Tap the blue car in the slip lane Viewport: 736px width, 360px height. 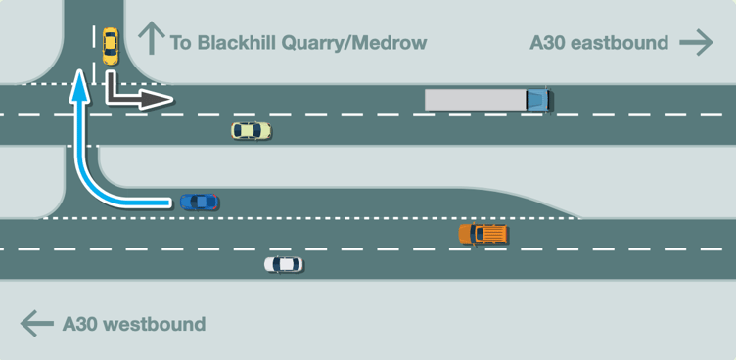pos(200,202)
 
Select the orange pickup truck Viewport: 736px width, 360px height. pos(483,234)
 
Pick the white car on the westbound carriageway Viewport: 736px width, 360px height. pos(283,264)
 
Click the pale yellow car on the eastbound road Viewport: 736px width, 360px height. pos(251,130)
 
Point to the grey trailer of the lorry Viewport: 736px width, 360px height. pos(476,100)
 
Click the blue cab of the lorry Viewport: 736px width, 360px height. pos(538,100)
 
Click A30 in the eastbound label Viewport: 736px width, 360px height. pos(547,43)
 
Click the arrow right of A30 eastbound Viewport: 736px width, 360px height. pos(696,42)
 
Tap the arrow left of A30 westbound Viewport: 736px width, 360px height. pos(36,324)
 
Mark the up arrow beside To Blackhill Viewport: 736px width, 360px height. pos(150,38)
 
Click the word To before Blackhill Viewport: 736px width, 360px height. pos(180,43)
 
